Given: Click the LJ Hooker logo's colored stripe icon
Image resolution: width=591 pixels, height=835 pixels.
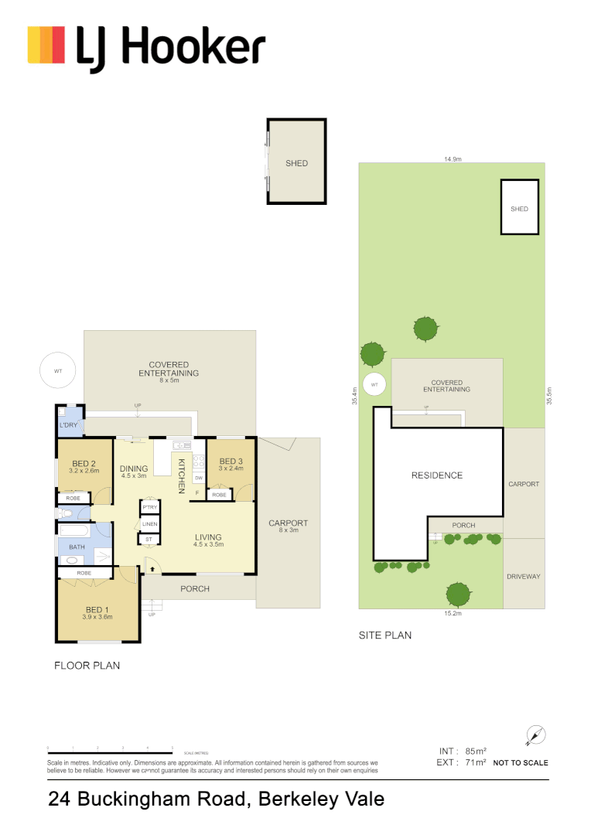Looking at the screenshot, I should pos(46,45).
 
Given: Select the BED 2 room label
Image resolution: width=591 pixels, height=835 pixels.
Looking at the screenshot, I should pos(84,465).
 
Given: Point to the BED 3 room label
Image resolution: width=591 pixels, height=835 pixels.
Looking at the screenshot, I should pos(231,462).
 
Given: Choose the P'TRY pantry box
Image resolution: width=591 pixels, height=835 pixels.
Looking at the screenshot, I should pos(149,507).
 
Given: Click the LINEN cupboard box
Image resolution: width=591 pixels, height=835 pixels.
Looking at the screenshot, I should pos(149,523).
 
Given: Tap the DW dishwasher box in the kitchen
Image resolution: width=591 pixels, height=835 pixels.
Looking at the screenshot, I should pos(199,478).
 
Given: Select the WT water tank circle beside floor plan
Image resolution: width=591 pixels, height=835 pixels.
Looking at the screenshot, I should pos(57,371).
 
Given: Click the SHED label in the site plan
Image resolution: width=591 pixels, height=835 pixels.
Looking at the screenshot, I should pos(519,209).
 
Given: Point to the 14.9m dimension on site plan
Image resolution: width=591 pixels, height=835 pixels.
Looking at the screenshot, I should pos(453,159).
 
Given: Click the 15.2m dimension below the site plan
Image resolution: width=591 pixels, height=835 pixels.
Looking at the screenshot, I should pos(453,613).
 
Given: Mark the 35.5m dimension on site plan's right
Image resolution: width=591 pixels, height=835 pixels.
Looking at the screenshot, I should pos(549,396).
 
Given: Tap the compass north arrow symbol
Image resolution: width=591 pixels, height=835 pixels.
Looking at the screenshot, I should pos(535,734).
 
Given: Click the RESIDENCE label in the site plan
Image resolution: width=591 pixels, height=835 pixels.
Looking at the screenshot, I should pos(436,475).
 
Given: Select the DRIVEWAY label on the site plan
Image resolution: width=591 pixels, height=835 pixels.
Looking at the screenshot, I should pos(524,577).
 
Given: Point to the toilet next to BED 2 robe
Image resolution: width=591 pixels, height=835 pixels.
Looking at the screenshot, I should pos(61,513).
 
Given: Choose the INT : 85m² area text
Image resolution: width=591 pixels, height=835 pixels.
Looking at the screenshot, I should pos(463,751).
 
